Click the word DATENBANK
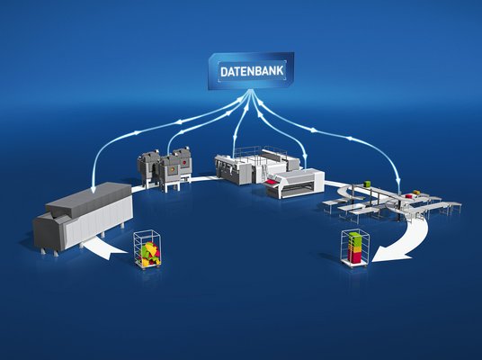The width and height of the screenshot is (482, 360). tap(252, 71)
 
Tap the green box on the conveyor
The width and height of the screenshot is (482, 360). tap(367, 184)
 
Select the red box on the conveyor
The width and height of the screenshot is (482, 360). tap(408, 196)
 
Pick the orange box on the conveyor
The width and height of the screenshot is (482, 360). tap(416, 193)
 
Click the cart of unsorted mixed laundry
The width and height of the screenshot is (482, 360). tap(147, 250)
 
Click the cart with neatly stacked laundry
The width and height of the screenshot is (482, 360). tap(355, 248)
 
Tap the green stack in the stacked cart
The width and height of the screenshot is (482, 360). tap(356, 239)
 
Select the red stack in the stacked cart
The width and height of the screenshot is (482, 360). tap(354, 255)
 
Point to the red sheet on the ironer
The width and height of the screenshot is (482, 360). tap(272, 183)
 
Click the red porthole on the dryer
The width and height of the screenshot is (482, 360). tap(184, 162)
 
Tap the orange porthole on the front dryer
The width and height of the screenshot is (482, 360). tap(172, 168)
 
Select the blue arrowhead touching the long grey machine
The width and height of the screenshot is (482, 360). tap(93, 191)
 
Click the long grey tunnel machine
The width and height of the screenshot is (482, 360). tap(83, 214)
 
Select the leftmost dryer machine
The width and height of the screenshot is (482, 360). tap(148, 167)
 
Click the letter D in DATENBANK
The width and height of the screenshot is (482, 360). tap(224, 72)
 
